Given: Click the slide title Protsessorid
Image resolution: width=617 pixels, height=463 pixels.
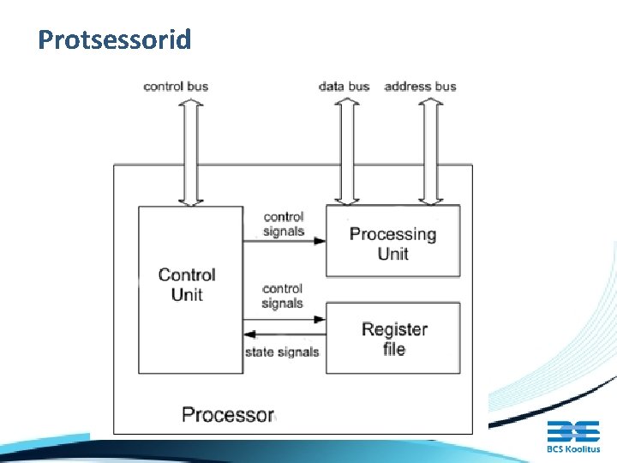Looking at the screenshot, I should coord(114,40).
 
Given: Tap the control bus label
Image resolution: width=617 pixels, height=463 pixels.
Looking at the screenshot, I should coord(176,86).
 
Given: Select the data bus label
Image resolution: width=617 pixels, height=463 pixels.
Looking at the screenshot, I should coord(344,86).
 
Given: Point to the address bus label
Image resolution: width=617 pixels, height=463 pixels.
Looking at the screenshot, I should coord(420,86).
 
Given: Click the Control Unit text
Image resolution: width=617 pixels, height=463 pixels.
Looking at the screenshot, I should coord(187,285).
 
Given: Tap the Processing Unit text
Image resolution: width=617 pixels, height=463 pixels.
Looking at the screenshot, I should coord(392,244).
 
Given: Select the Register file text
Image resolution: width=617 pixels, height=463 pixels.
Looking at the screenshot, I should coord(394,339).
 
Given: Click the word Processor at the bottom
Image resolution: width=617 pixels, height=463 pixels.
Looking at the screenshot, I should coord(227,415).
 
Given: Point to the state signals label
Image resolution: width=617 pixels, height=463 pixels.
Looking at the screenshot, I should coord(282,352).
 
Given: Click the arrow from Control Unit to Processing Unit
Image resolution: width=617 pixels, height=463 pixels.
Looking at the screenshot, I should coord(284,241).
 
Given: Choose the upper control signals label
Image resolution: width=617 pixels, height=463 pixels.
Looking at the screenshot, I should coord(283,224).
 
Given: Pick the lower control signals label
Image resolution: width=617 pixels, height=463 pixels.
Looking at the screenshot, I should coord(283,296).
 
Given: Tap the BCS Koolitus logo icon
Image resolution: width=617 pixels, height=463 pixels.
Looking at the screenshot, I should coord(573,431).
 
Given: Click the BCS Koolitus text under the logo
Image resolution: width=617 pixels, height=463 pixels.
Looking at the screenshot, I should coord(573,448).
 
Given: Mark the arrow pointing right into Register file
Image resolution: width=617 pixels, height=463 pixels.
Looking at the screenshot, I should coord(284,319).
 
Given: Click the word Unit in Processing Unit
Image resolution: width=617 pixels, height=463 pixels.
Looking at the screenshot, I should coord(392,254).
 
